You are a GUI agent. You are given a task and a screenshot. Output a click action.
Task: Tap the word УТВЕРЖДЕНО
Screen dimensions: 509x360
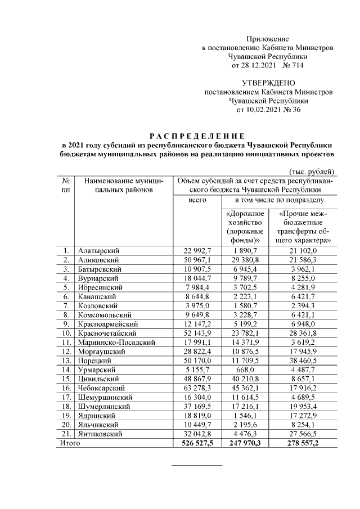[x=268, y=83]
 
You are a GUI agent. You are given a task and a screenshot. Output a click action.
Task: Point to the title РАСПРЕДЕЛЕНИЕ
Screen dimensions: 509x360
[x=197, y=136]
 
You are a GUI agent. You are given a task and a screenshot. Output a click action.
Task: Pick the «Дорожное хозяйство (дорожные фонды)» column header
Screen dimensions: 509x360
[x=245, y=227]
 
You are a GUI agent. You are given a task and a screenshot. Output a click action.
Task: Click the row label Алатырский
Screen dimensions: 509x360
[x=98, y=250]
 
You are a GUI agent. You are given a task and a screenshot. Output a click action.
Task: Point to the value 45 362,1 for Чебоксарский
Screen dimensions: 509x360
[x=245, y=388]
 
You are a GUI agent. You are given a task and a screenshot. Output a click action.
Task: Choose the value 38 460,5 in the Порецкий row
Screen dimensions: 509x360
[x=301, y=360]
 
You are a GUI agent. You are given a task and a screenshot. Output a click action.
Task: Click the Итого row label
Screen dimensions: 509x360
[x=70, y=443]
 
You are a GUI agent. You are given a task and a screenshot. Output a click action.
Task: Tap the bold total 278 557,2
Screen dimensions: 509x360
[x=301, y=443]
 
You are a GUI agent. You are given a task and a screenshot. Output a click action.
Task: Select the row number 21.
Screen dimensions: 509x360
[x=66, y=433]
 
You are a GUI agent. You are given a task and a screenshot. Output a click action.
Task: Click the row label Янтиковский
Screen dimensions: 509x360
[x=100, y=433]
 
